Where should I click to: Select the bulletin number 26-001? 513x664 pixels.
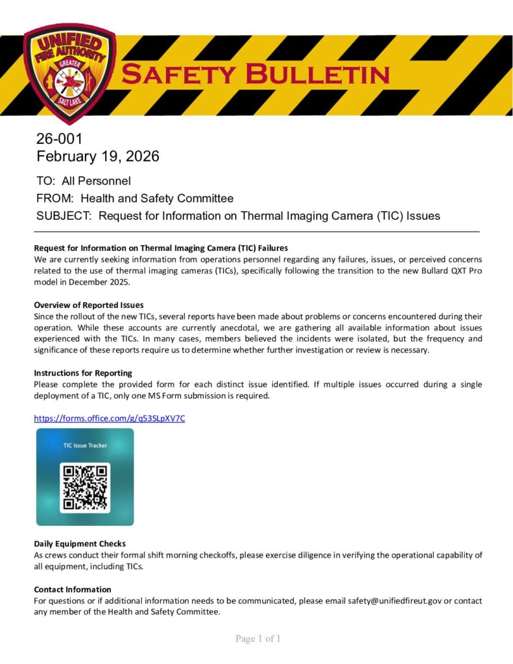coord(60,139)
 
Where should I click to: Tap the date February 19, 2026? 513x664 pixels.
coord(97,156)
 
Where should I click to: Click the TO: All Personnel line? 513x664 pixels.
coord(84,181)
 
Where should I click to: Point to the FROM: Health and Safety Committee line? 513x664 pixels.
coord(135,198)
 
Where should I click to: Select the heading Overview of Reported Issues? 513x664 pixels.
coord(89,305)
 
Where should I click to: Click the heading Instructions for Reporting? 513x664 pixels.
coord(83,373)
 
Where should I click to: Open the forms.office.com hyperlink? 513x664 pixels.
coord(110,418)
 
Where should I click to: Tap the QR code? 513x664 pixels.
coord(85,488)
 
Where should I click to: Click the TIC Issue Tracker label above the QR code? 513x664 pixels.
coord(85,445)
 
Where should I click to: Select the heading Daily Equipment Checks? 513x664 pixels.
coord(80,543)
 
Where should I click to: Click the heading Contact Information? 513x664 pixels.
coord(73,589)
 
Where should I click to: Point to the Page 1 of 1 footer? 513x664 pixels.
coord(258,639)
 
